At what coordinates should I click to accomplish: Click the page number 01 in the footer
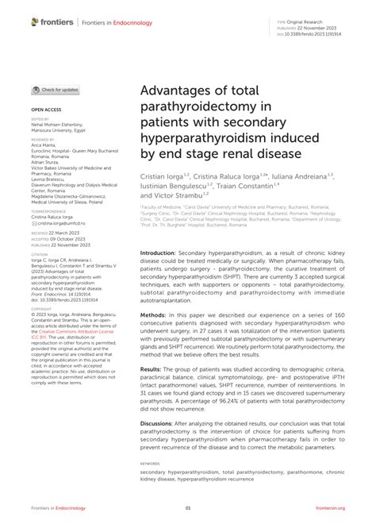188,508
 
